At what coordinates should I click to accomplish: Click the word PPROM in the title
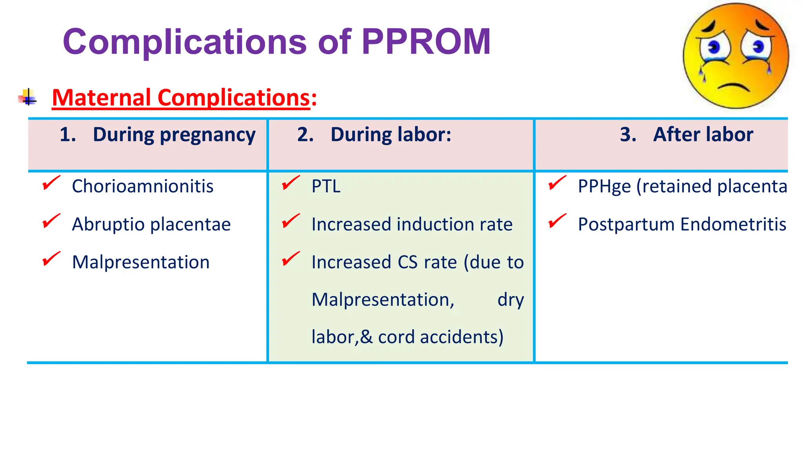(426, 42)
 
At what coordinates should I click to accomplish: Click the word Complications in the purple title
(185, 42)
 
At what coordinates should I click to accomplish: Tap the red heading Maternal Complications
(181, 98)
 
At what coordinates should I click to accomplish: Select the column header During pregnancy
(174, 135)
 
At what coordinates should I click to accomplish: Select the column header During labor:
(391, 135)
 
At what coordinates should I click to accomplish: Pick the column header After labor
(703, 135)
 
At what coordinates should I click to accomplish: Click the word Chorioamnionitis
(143, 186)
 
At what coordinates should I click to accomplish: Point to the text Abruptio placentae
(151, 224)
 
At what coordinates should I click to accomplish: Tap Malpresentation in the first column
(141, 262)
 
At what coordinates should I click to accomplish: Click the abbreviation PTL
(326, 186)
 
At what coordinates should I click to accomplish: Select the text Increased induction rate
(412, 224)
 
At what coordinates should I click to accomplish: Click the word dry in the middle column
(510, 300)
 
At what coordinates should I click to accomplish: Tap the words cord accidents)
(440, 337)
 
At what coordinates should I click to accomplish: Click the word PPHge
(604, 186)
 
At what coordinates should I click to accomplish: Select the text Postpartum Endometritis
(682, 224)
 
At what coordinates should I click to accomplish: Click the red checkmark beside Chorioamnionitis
(51, 183)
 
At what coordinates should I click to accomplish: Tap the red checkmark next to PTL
(291, 183)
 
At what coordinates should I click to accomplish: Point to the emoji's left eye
(714, 48)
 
